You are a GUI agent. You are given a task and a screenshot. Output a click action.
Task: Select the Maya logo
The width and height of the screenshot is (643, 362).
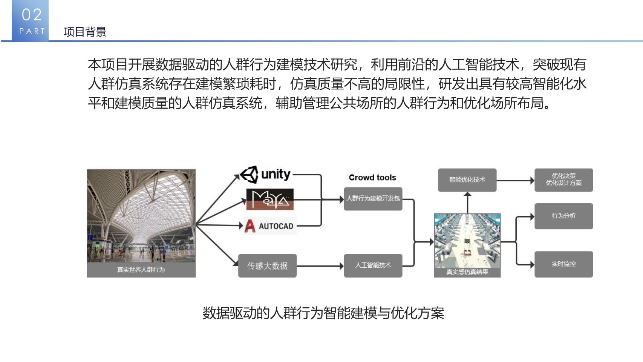[x=270, y=199]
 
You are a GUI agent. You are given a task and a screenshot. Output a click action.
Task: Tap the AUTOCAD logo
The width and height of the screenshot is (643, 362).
[x=270, y=226]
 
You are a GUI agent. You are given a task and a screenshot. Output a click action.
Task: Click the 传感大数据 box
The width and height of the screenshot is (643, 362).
[x=267, y=266]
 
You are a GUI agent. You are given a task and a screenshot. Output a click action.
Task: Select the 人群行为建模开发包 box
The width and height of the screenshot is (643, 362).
[x=373, y=199]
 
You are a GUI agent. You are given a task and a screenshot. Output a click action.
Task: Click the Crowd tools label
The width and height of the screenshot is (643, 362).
[x=372, y=178]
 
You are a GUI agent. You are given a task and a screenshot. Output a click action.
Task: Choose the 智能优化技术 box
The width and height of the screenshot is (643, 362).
[x=467, y=180]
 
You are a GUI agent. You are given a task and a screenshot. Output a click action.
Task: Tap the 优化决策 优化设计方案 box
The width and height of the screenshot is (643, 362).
[x=564, y=180]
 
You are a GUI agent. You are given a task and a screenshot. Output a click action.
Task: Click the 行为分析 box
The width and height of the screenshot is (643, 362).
[x=564, y=216]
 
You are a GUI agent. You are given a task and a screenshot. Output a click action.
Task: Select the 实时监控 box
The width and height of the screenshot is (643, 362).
[x=564, y=264]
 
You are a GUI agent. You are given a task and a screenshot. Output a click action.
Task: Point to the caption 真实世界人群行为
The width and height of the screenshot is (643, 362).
[x=141, y=270]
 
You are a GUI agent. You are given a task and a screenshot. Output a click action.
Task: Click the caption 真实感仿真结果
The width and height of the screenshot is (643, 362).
[x=467, y=272]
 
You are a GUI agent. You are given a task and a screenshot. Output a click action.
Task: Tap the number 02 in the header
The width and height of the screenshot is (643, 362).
[x=32, y=15]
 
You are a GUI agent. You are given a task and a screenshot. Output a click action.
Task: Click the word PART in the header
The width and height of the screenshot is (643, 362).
[x=32, y=31]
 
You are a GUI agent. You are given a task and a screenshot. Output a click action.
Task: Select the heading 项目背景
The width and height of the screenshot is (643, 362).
[x=85, y=32]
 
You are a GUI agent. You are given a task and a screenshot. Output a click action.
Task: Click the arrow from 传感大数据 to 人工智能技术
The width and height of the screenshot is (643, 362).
[x=320, y=266]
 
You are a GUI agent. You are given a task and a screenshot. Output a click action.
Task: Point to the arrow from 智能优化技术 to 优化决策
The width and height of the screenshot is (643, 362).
[x=515, y=180]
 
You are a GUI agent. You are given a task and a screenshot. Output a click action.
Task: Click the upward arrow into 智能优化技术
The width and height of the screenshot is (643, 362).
[x=468, y=203]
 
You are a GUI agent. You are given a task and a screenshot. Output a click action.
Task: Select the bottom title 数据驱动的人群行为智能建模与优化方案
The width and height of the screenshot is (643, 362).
[x=323, y=313]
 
